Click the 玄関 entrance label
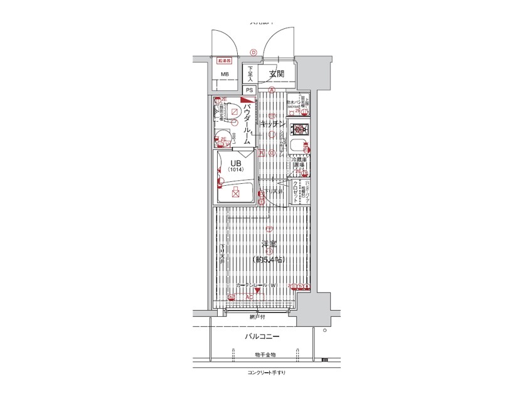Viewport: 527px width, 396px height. click(x=277, y=74)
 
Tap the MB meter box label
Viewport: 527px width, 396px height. click(x=224, y=75)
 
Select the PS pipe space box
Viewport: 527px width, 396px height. click(x=249, y=90)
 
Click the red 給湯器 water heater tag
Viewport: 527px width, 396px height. click(x=224, y=62)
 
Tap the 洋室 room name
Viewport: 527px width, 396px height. click(x=270, y=244)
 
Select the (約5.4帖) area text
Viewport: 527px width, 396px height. click(x=270, y=259)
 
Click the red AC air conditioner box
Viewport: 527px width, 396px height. click(x=248, y=297)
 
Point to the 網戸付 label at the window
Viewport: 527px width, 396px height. click(x=258, y=317)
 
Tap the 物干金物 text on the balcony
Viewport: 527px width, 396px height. click(x=263, y=355)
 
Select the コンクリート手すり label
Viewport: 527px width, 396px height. click(x=266, y=373)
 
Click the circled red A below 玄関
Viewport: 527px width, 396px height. click(x=272, y=90)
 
